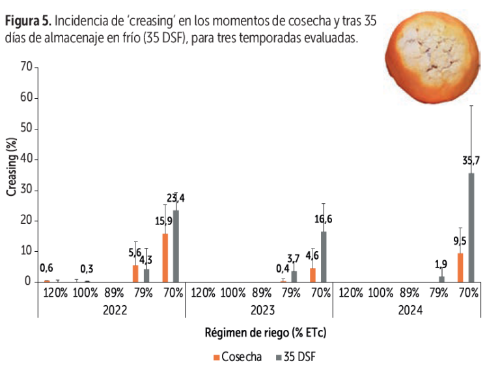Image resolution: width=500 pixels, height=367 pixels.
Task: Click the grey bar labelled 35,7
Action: (471, 227)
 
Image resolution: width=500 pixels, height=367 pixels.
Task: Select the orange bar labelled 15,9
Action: (165, 258)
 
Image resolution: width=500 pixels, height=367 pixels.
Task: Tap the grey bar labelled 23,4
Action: (176, 246)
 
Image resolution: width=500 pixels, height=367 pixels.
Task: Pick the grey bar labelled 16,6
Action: (324, 256)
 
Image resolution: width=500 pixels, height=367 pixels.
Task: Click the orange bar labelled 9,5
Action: (460, 267)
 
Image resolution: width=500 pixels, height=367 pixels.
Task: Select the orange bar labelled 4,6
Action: (312, 275)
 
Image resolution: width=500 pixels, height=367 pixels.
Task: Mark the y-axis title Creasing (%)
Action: (11, 167)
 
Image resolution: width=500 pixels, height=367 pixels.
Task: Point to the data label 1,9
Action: (440, 264)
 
